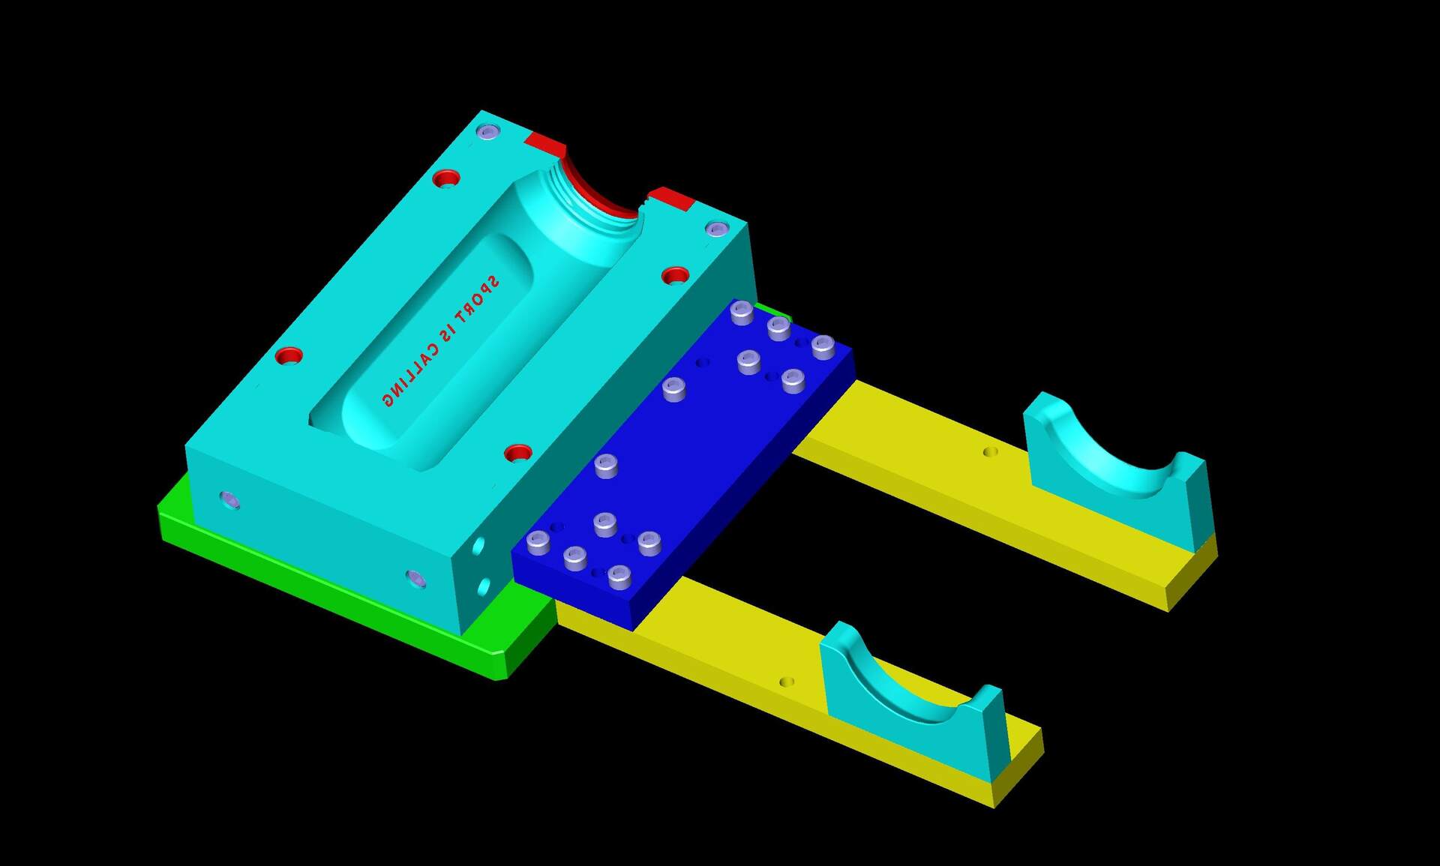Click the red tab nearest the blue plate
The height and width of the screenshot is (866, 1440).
click(x=671, y=199)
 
